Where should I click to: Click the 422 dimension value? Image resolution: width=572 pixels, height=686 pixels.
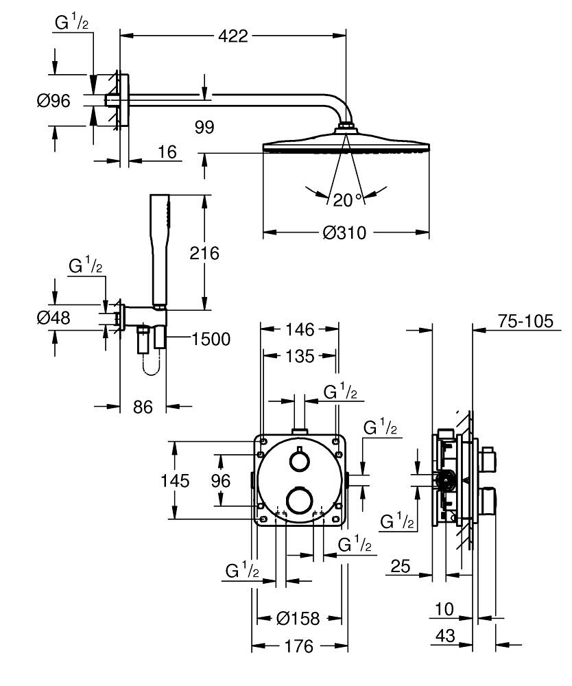tap(233, 36)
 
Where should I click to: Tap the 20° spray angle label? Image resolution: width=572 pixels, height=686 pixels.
tap(348, 200)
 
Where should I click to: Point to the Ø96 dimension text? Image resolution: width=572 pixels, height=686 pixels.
tap(53, 101)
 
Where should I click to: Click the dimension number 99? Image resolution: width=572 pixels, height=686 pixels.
tap(204, 127)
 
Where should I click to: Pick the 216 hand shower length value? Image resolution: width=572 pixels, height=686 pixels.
tap(204, 253)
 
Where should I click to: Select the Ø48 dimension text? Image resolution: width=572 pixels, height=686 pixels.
tap(53, 318)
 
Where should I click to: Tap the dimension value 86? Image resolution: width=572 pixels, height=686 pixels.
tap(142, 407)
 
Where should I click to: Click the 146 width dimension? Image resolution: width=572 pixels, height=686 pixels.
tap(300, 330)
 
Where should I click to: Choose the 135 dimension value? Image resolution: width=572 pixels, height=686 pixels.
tap(300, 355)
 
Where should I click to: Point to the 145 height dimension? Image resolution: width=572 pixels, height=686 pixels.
tap(175, 481)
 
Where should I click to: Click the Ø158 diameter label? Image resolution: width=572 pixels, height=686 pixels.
tap(298, 619)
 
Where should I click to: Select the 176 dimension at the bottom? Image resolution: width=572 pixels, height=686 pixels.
tap(299, 646)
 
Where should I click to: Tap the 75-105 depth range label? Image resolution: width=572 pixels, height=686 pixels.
tap(523, 322)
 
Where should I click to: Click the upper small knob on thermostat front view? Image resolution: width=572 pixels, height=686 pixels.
tap(298, 459)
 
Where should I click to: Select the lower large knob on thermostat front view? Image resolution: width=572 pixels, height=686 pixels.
tap(299, 500)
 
